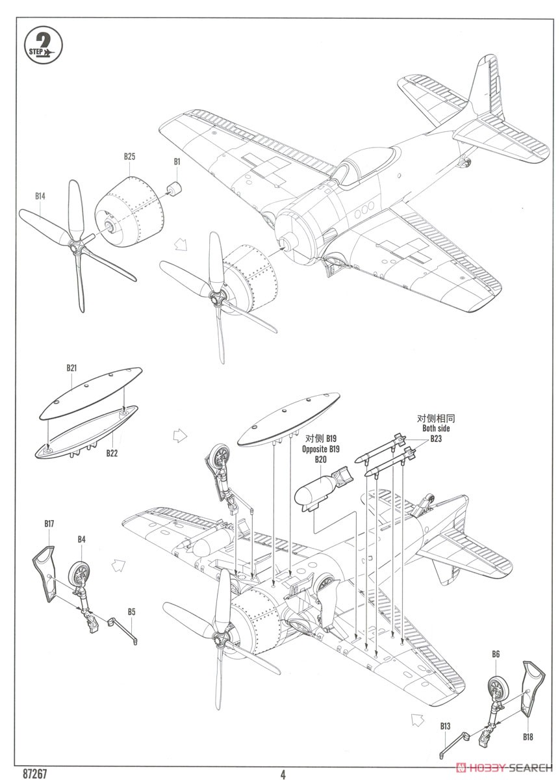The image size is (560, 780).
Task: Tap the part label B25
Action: point(129,157)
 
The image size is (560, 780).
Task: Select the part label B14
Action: point(40,195)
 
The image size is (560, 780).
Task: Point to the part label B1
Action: point(177,161)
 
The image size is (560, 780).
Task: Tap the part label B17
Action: point(49,523)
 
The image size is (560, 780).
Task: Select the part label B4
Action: point(81,539)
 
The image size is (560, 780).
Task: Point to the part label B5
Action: point(131,612)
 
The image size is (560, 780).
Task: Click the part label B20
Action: point(320,460)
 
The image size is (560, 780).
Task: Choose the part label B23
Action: point(435,439)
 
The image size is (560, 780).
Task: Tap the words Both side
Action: point(435,429)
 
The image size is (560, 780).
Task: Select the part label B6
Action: point(496,654)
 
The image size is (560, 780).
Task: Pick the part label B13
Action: point(445,725)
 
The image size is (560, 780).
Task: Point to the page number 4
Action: point(283,773)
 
